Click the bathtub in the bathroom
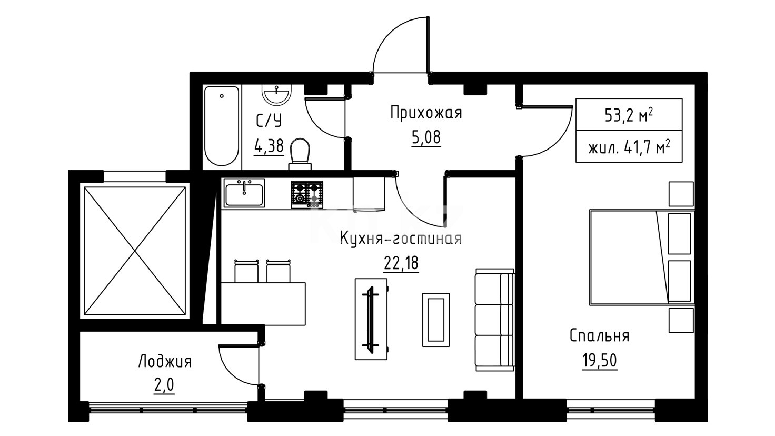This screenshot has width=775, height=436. [222, 126]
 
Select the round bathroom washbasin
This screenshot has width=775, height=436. [276, 94]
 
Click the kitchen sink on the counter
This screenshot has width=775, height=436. [244, 194]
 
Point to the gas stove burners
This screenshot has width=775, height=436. [307, 194]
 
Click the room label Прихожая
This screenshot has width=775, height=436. [426, 113]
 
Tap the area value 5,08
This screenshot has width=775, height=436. [426, 137]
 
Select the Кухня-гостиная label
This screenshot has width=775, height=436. [401, 239]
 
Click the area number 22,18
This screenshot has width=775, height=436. [401, 263]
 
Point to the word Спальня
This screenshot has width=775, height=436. [599, 336]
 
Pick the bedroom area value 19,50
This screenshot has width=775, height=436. [599, 361]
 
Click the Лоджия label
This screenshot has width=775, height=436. [165, 362]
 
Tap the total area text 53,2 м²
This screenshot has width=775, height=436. [629, 115]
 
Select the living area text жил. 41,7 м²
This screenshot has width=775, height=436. [629, 147]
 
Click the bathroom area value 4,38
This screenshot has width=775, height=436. [269, 146]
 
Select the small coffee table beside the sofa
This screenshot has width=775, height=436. [435, 320]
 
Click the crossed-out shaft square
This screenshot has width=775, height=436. [135, 251]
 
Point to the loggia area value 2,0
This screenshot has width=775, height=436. [164, 385]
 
